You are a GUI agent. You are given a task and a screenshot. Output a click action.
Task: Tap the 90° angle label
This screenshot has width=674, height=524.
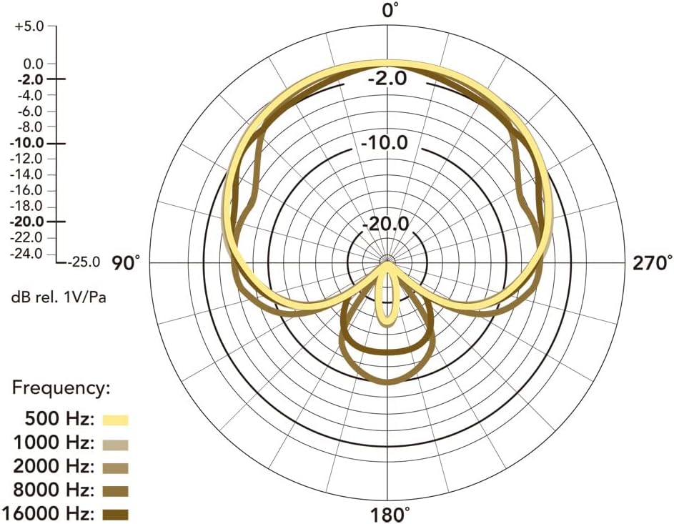126,262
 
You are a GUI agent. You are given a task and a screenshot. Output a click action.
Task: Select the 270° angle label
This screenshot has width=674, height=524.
652,262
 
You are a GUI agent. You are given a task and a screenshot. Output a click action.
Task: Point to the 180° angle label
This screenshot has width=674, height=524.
390,515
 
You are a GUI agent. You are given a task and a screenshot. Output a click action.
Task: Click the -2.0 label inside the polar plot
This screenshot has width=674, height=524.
387,79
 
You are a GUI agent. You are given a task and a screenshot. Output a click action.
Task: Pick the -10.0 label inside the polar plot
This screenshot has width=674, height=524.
385,143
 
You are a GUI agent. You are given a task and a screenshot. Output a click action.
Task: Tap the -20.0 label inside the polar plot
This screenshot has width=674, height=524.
385,224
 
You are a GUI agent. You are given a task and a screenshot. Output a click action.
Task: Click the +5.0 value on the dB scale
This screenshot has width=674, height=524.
29,26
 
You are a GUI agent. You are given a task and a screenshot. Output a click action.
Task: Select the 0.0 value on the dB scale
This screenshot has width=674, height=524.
34,64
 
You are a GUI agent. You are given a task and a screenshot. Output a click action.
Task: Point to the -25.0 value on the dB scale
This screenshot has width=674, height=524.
84,262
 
